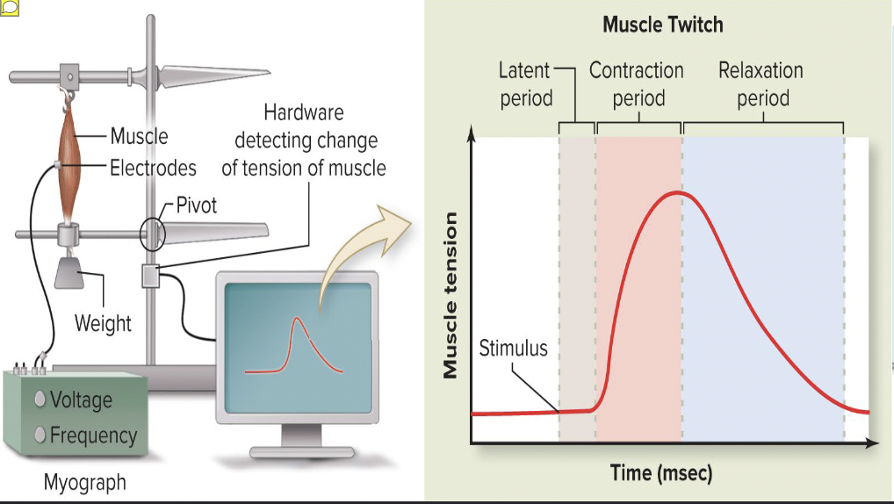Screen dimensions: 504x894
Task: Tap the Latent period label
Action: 525,83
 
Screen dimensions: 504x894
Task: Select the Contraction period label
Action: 637,83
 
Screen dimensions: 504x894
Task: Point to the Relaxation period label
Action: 761,83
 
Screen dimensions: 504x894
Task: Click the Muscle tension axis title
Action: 451,295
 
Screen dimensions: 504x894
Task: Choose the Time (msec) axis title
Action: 661,473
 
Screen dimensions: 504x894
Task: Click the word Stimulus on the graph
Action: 513,349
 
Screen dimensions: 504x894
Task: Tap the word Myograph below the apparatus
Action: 84,482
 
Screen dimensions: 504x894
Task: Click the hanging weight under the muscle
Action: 70,273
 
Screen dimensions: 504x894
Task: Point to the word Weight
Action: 103,323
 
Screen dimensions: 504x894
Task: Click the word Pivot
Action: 196,205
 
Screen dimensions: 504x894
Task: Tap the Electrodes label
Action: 153,167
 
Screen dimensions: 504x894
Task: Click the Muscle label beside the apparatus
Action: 139,136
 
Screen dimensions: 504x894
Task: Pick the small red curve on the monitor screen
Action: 295,346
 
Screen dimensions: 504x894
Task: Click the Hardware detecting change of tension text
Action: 303,140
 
